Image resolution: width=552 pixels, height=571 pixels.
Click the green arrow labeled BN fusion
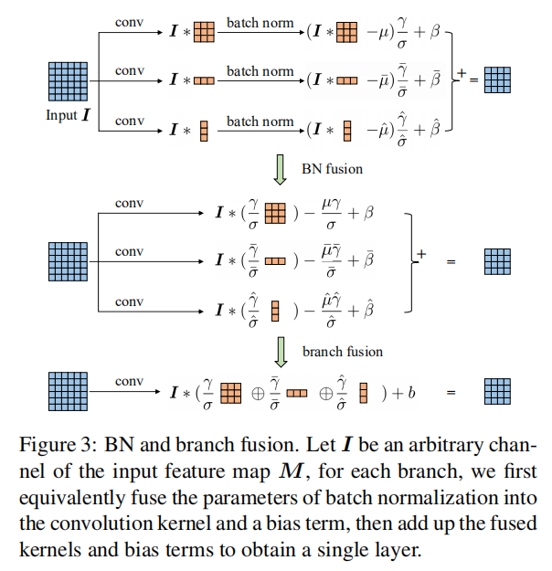click(x=281, y=168)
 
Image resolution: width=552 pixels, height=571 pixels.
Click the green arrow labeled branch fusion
click(x=281, y=350)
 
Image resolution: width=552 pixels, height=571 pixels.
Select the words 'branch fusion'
click(x=343, y=351)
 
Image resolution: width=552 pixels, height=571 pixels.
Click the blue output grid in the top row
click(x=497, y=80)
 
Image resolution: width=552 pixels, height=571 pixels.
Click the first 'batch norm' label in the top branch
click(x=260, y=21)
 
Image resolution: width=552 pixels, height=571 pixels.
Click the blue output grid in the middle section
click(x=497, y=261)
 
